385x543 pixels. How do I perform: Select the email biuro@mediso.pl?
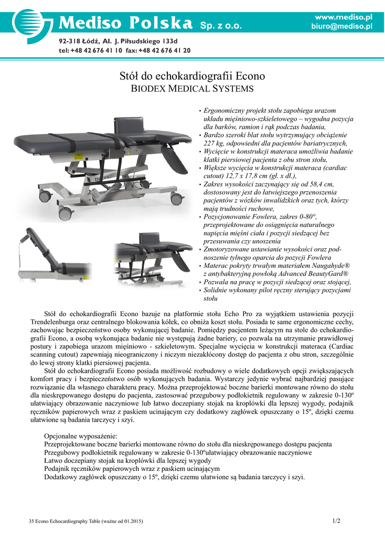pos(341,27)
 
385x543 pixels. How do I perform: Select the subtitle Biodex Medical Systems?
pos(192,89)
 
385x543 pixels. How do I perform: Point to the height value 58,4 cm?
pos(319,184)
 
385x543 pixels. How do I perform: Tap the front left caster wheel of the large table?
pos(65,214)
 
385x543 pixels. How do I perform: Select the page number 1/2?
pos(336,521)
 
